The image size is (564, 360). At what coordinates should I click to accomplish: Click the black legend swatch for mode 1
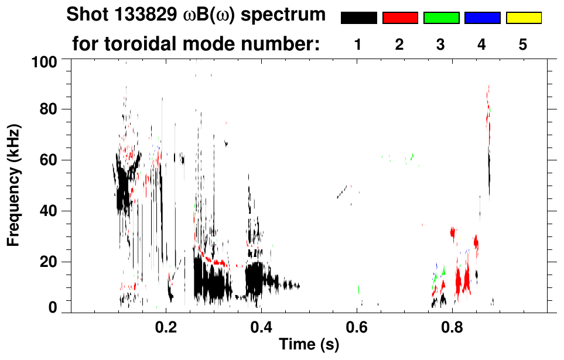click(x=359, y=18)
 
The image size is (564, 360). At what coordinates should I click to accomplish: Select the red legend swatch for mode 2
click(x=400, y=18)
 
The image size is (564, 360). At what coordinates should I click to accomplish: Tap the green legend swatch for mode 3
click(x=441, y=18)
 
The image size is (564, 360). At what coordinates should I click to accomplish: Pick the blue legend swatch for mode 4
click(x=482, y=18)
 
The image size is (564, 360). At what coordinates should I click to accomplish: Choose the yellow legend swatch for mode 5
click(x=523, y=18)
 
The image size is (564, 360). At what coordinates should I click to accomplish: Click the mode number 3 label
click(x=440, y=44)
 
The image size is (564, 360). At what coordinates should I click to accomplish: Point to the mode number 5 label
click(x=523, y=44)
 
